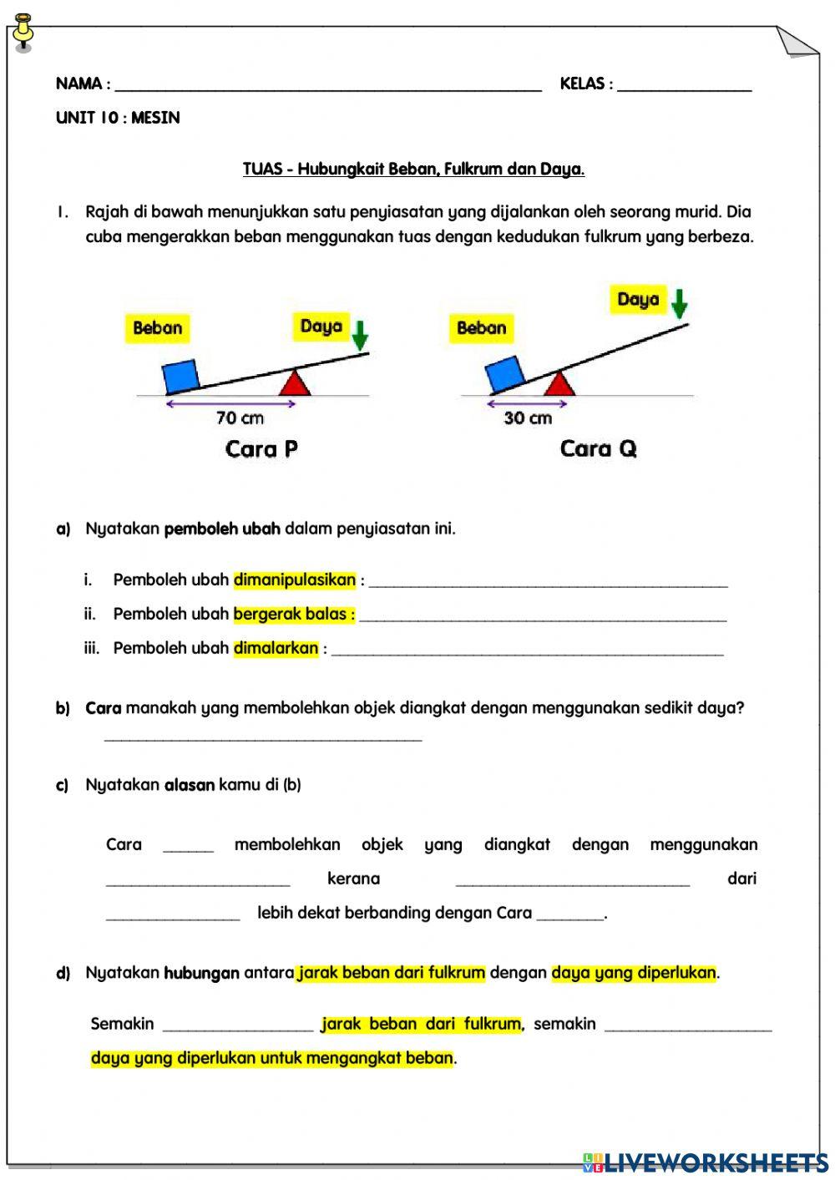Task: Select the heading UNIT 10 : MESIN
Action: click(118, 118)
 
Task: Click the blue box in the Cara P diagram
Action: click(180, 376)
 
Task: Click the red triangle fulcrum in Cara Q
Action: click(559, 383)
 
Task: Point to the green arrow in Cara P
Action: click(360, 335)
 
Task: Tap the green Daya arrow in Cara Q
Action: click(680, 303)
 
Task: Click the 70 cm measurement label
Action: click(240, 418)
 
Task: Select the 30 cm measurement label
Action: click(528, 418)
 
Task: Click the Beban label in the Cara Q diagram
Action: click(481, 327)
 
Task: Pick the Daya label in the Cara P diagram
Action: click(321, 327)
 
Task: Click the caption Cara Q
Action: click(598, 449)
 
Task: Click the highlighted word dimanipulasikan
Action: click(295, 580)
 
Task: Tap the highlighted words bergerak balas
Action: click(293, 614)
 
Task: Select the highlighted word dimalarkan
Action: click(276, 648)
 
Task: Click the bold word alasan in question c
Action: click(189, 785)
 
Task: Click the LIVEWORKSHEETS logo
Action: click(705, 1162)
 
